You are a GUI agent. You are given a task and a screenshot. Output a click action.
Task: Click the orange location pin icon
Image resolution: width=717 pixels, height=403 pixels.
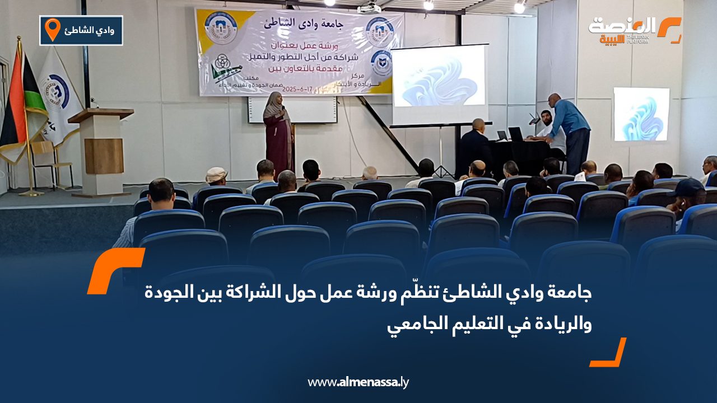52,29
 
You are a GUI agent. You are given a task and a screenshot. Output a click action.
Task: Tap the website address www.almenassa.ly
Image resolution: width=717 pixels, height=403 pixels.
358,383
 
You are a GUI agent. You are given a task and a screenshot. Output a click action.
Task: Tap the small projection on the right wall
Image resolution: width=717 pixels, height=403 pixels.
641,114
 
